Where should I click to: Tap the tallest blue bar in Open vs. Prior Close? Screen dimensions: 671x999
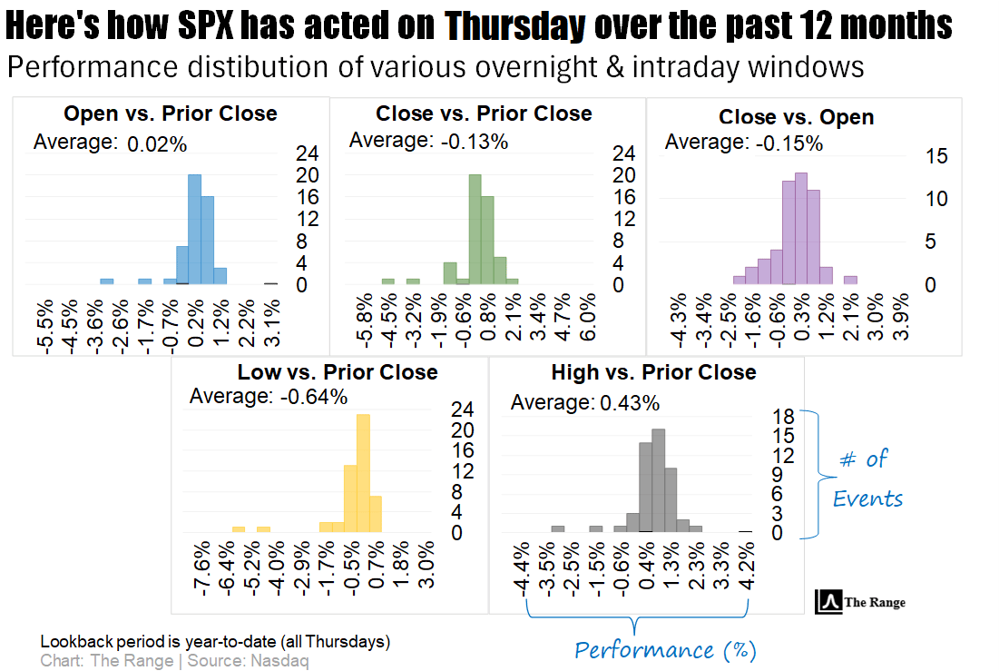coord(194,229)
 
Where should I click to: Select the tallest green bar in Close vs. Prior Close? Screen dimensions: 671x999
coord(475,229)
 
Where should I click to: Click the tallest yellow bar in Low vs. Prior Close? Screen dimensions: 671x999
coord(363,472)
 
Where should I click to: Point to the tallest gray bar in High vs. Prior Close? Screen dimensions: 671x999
coord(659,479)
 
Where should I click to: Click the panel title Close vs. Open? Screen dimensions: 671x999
coord(796,117)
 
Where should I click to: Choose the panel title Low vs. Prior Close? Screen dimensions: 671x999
coord(338,372)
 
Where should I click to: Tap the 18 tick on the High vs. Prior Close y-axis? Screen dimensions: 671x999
coord(783,417)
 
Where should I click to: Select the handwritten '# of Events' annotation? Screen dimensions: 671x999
coord(868,479)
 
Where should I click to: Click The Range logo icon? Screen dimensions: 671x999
coord(828,601)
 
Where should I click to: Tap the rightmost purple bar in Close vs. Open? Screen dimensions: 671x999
coord(850,281)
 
